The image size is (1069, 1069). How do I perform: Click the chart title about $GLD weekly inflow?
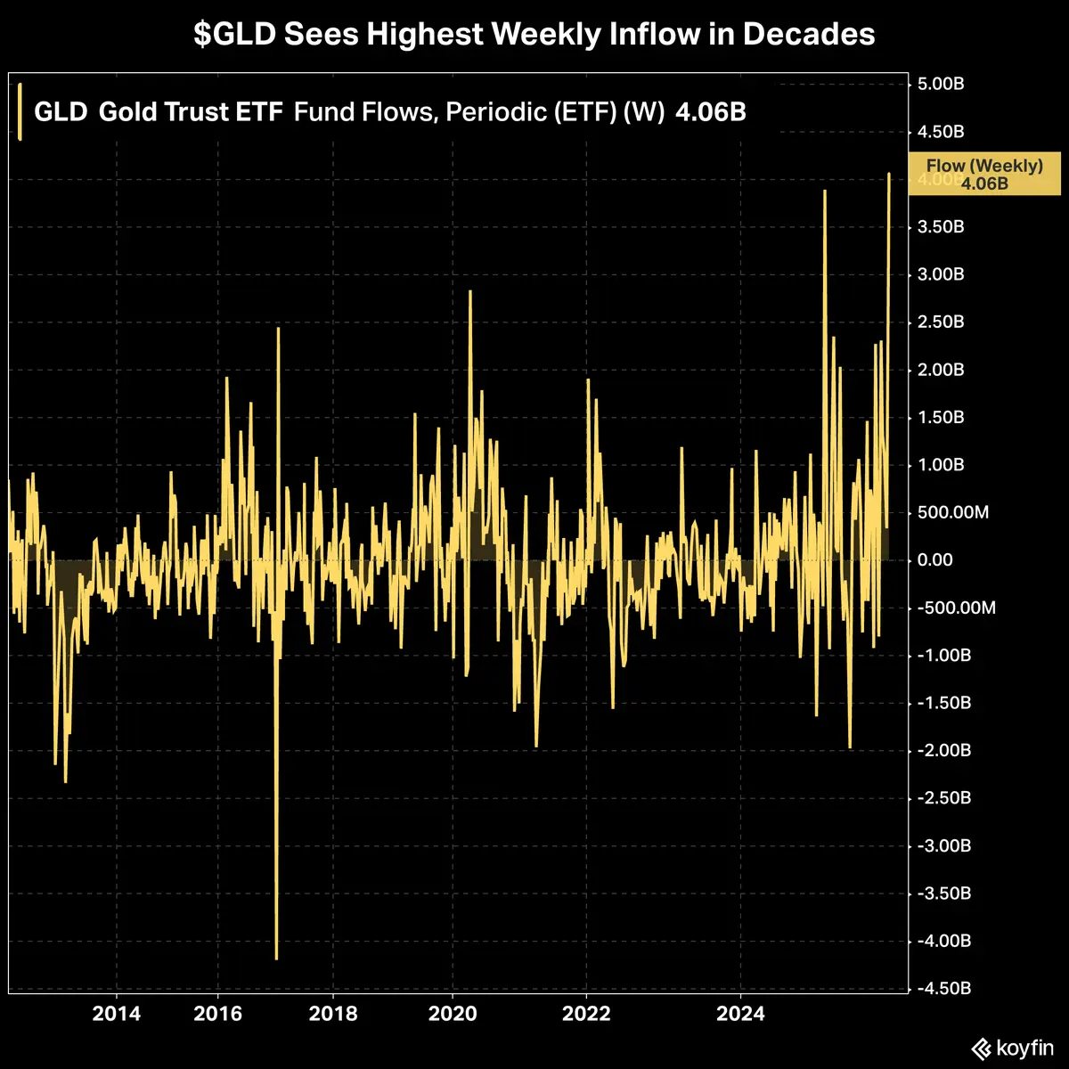click(x=534, y=35)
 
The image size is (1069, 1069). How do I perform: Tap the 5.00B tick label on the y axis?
click(x=941, y=85)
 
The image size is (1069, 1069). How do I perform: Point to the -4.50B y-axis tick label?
click(x=943, y=989)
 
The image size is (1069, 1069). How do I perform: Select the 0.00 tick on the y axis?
click(x=935, y=560)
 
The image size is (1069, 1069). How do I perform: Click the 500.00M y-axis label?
click(x=953, y=512)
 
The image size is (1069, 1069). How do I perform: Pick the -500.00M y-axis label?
click(x=956, y=608)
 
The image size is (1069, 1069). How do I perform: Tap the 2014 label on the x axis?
click(x=116, y=1014)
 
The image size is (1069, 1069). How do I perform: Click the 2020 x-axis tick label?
click(x=452, y=1014)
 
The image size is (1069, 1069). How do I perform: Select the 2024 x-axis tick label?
click(x=741, y=1014)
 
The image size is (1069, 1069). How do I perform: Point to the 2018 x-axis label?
click(x=332, y=1014)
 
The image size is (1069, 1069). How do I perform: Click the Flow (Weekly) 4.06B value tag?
click(x=984, y=174)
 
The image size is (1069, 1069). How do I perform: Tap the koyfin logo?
click(x=1011, y=1049)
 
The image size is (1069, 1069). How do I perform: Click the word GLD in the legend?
click(x=61, y=113)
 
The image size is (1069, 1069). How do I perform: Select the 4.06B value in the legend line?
click(x=710, y=113)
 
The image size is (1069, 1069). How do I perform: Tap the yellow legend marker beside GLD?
click(x=20, y=111)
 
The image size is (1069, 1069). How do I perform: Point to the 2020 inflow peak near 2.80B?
click(x=469, y=291)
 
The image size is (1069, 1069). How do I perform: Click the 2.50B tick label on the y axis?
click(x=941, y=322)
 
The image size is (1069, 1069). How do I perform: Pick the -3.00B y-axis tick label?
click(x=943, y=845)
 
